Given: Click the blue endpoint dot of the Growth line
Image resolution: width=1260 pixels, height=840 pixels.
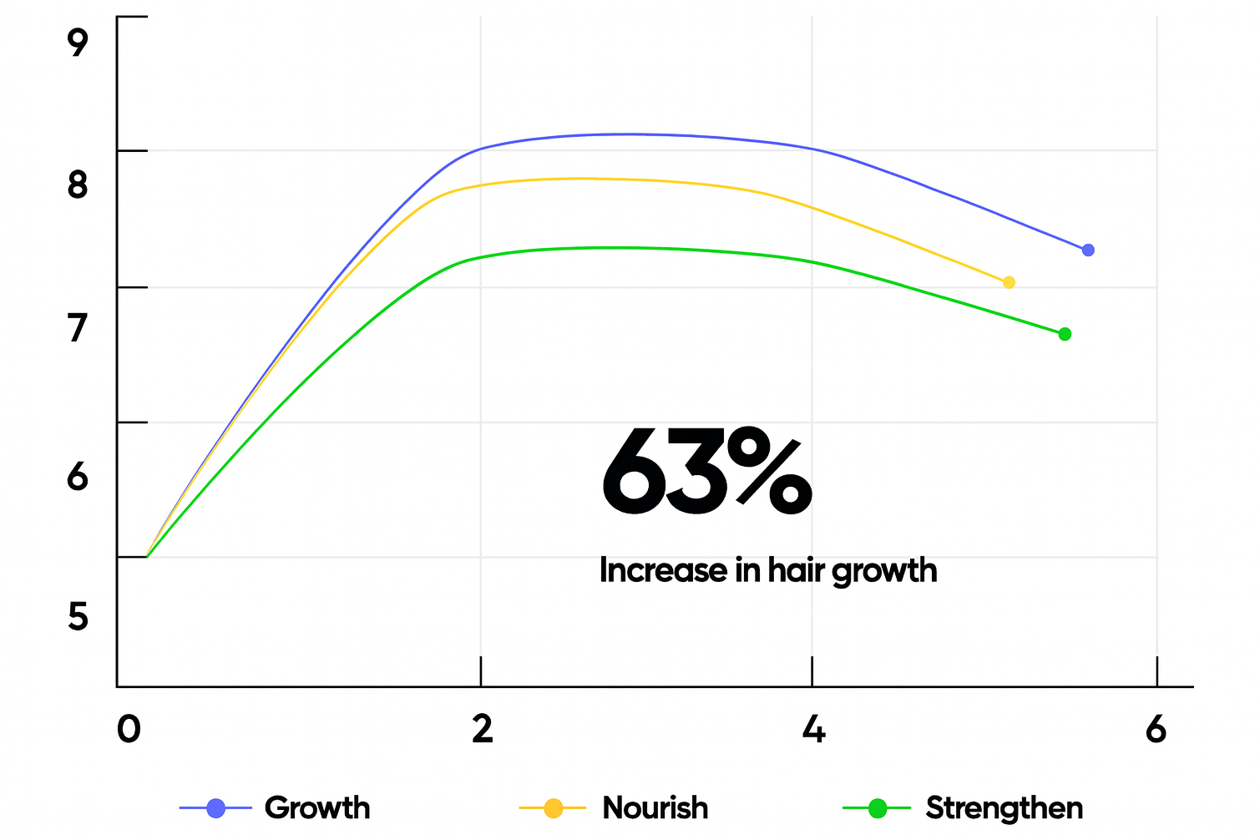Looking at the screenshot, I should (x=1087, y=250).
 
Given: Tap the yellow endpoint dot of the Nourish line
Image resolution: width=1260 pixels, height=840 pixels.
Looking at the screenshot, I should (x=1009, y=282).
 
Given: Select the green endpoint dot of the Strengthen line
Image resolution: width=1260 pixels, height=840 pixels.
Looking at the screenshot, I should (x=1065, y=334).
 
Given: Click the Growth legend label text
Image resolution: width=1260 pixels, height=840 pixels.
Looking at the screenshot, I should (x=317, y=808).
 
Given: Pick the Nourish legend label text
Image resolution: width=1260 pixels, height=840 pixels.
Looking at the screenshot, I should (x=655, y=808).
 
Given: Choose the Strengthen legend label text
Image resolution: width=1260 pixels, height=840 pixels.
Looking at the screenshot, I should (x=1004, y=808).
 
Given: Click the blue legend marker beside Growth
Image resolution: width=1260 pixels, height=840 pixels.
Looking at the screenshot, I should (x=215, y=808).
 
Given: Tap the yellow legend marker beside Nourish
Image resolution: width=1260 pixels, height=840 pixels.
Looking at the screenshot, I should (x=553, y=808).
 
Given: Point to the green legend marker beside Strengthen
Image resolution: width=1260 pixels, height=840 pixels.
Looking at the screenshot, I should (x=877, y=808).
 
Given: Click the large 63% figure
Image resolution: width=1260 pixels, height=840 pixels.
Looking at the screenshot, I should (x=706, y=473).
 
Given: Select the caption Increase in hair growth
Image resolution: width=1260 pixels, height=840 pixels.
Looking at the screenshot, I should (x=768, y=570).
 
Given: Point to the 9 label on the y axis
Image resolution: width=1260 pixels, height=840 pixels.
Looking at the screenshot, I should (x=78, y=42).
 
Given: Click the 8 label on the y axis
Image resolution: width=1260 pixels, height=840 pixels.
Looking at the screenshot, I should (x=78, y=185).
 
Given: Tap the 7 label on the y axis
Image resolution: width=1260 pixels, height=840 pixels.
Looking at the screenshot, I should (x=78, y=328).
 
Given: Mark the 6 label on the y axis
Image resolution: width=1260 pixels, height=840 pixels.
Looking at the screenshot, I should (x=78, y=477).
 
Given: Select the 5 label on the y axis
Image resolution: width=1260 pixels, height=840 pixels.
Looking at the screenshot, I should (x=78, y=617).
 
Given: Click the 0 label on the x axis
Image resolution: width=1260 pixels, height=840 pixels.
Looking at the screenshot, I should (x=128, y=729).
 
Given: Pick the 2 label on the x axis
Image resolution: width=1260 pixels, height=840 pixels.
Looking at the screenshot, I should (x=482, y=729).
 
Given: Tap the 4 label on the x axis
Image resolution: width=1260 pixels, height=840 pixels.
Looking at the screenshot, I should (x=813, y=729).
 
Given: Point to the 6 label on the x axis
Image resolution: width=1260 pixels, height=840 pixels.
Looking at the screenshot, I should (x=1156, y=729).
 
